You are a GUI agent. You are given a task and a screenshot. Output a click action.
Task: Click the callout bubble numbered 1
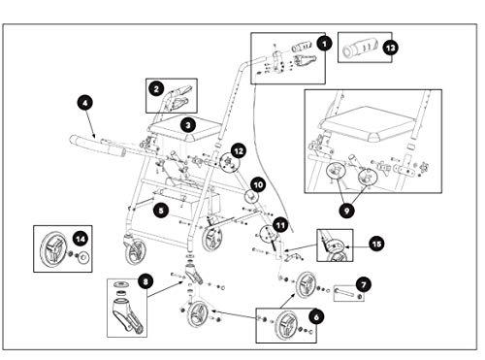click(x=324, y=44)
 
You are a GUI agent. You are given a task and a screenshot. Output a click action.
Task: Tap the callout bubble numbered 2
click(x=156, y=88)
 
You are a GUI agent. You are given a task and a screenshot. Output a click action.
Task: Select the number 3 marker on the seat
click(x=188, y=125)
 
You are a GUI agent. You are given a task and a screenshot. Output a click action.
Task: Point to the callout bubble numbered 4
click(x=85, y=103)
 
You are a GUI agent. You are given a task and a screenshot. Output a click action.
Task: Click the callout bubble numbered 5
click(x=161, y=211)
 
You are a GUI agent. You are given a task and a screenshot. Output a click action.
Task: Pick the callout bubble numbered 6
click(x=316, y=317)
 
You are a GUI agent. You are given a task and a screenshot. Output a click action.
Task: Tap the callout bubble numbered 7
click(x=364, y=284)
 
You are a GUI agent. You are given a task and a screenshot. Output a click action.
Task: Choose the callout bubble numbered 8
click(x=145, y=281)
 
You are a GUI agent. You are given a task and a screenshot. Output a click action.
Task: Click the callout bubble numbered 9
click(x=347, y=211)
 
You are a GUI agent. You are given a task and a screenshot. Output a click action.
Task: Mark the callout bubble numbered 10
click(x=258, y=185)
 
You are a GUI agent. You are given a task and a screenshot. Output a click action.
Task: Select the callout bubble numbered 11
click(x=280, y=225)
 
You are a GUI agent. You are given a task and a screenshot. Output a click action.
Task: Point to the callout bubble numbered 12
click(x=239, y=150)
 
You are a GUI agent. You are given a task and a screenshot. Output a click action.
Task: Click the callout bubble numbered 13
click(x=391, y=49)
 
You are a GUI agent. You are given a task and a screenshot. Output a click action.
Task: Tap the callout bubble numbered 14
click(x=81, y=239)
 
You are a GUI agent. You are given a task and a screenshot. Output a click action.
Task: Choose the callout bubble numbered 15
click(x=376, y=244)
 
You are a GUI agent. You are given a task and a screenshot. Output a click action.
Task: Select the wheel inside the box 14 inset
click(x=53, y=249)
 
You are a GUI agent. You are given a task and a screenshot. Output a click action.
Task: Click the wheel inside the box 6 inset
click(x=286, y=326)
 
